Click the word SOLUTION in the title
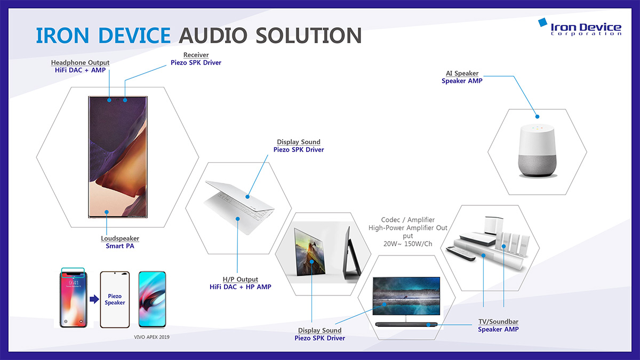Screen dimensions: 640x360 pyautogui.click(x=309, y=36)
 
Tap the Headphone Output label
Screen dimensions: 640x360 pyautogui.click(x=81, y=62)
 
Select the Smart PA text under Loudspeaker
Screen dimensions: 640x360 pyautogui.click(x=120, y=246)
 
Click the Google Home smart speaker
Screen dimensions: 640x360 pyautogui.click(x=537, y=150)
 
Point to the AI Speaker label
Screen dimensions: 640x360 pyautogui.click(x=462, y=73)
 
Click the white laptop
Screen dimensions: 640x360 pyautogui.click(x=239, y=207)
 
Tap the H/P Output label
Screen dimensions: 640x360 pyautogui.click(x=241, y=279)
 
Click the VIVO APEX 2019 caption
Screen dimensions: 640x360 pyautogui.click(x=151, y=337)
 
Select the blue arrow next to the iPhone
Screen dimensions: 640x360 pyautogui.click(x=94, y=299)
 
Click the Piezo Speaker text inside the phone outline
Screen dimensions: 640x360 pyautogui.click(x=115, y=299)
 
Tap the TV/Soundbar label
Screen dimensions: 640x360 pyautogui.click(x=498, y=322)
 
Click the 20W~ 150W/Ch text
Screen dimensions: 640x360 pyautogui.click(x=407, y=244)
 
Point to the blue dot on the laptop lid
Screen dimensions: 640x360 pyautogui.click(x=247, y=197)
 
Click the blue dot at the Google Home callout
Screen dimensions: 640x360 pyautogui.click(x=537, y=117)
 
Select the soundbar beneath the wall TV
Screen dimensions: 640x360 pyautogui.click(x=406, y=325)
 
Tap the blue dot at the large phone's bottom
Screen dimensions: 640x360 pyautogui.click(x=107, y=212)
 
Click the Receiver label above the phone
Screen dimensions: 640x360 pyautogui.click(x=196, y=54)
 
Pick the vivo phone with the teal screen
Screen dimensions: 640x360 pyautogui.click(x=152, y=299)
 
